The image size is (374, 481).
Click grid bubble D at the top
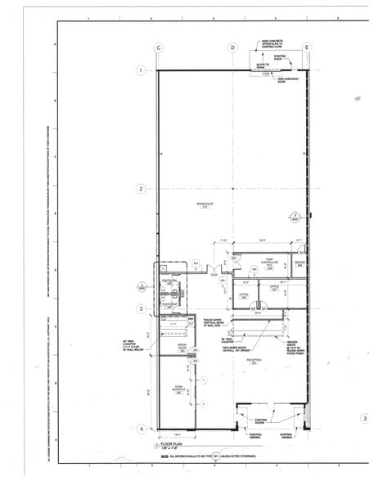[x=233, y=48]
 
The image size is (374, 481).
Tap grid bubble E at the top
[x=306, y=48]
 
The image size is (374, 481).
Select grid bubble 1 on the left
[x=141, y=71]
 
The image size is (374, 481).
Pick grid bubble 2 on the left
[x=141, y=189]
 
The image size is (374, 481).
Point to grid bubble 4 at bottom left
[x=141, y=428]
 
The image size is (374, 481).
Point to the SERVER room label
[x=300, y=263]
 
